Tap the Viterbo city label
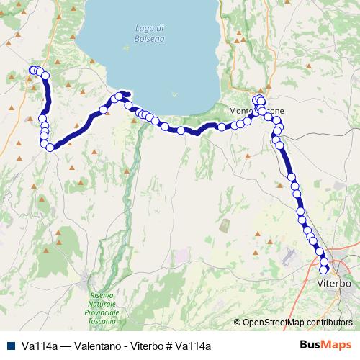tap(334, 284)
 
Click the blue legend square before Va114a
tap(11, 346)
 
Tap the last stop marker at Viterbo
tap(324, 270)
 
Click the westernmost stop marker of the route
tap(31, 70)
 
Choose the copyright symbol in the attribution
tap(238, 323)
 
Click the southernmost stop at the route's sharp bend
tap(50, 147)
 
